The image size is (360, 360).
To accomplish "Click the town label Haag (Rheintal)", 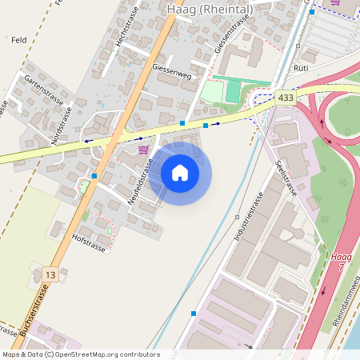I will [210, 9].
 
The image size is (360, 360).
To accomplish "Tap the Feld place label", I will [20, 38].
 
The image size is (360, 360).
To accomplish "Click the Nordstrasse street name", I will [61, 126].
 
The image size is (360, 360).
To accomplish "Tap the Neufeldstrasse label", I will [141, 182].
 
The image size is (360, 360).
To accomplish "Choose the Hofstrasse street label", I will [88, 238].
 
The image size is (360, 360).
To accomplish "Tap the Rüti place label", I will [302, 69].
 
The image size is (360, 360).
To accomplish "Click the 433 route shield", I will [286, 97].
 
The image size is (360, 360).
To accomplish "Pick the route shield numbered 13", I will [51, 275].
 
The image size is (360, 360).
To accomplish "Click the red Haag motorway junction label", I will [341, 257].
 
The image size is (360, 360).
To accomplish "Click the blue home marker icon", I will [180, 173].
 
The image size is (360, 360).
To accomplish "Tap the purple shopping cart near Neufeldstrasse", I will [143, 149].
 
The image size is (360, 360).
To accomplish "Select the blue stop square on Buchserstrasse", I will [94, 175].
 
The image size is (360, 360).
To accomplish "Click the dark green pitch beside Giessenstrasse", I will [233, 90].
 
